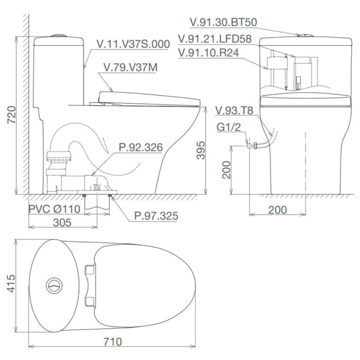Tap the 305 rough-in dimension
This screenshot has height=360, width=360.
62,222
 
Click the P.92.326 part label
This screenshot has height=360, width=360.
140,148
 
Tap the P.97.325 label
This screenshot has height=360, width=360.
156,215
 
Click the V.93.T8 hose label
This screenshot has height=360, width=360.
235,111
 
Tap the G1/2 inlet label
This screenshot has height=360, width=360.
227,128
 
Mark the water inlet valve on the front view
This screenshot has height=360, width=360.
249,146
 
